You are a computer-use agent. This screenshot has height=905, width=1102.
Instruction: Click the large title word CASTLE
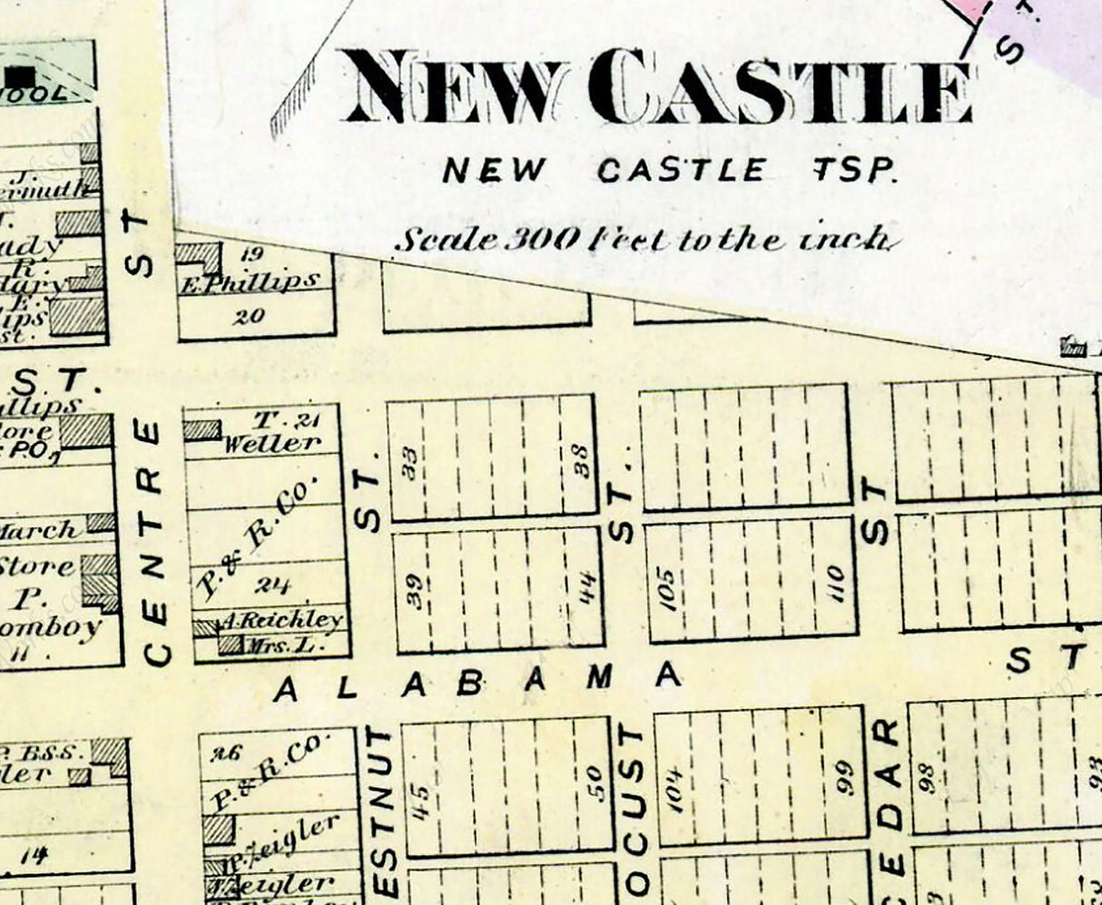pyautogui.click(x=790, y=89)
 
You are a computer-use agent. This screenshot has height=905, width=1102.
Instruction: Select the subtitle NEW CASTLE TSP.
pyautogui.click(x=669, y=170)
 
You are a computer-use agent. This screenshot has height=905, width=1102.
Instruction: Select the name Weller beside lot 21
pyautogui.click(x=272, y=444)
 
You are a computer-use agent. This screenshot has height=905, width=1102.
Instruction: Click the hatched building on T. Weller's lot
pyautogui.click(x=202, y=429)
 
